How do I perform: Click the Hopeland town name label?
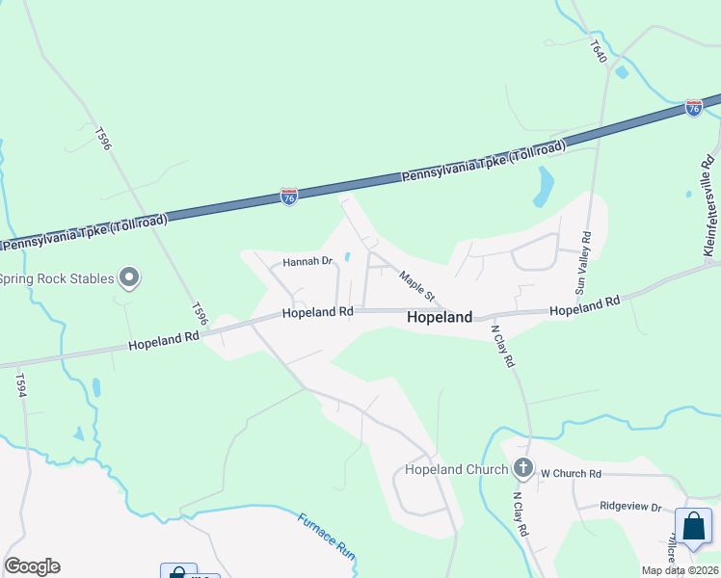[x=440, y=317]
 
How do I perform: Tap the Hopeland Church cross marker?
[x=523, y=469]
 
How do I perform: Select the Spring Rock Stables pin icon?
[x=130, y=279]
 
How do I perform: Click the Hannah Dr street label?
[x=307, y=261]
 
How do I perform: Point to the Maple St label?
[x=418, y=283]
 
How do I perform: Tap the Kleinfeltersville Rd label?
[x=708, y=206]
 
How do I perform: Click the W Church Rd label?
[x=571, y=474]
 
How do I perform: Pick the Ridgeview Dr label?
[x=630, y=507]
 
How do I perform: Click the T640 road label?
[x=600, y=51]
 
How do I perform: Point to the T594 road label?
[x=19, y=385]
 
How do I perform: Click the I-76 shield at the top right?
[x=694, y=108]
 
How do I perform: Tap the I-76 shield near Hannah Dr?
[x=289, y=196]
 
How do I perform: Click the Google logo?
[x=32, y=566]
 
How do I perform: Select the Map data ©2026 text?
[x=681, y=570]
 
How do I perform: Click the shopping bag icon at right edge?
[x=693, y=527]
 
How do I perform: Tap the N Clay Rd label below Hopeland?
[x=503, y=345]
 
